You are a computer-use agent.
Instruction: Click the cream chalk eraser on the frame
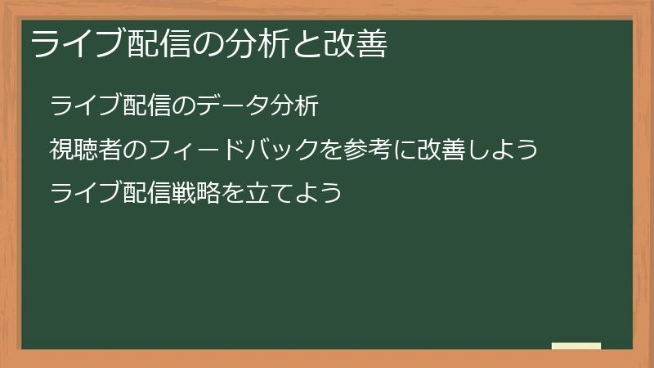tap(576, 346)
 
